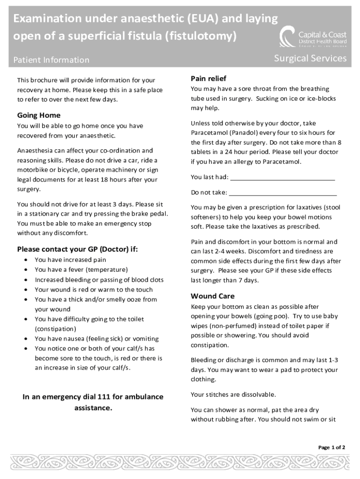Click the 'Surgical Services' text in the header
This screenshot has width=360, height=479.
pos(310,58)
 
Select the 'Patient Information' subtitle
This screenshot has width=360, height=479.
pos(51,60)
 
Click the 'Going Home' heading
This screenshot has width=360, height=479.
pos(39,115)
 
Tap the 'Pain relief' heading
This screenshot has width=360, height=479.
pos(209,78)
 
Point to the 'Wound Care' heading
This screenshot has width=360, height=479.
pos(213,296)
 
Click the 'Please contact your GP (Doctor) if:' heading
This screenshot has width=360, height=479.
pos(78,249)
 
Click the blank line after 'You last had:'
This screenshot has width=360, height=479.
pos(283,177)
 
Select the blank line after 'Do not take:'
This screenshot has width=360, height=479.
pos(283,193)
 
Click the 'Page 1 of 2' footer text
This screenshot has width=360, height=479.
pos(331,447)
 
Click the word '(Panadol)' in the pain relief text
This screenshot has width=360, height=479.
pos(242,133)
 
